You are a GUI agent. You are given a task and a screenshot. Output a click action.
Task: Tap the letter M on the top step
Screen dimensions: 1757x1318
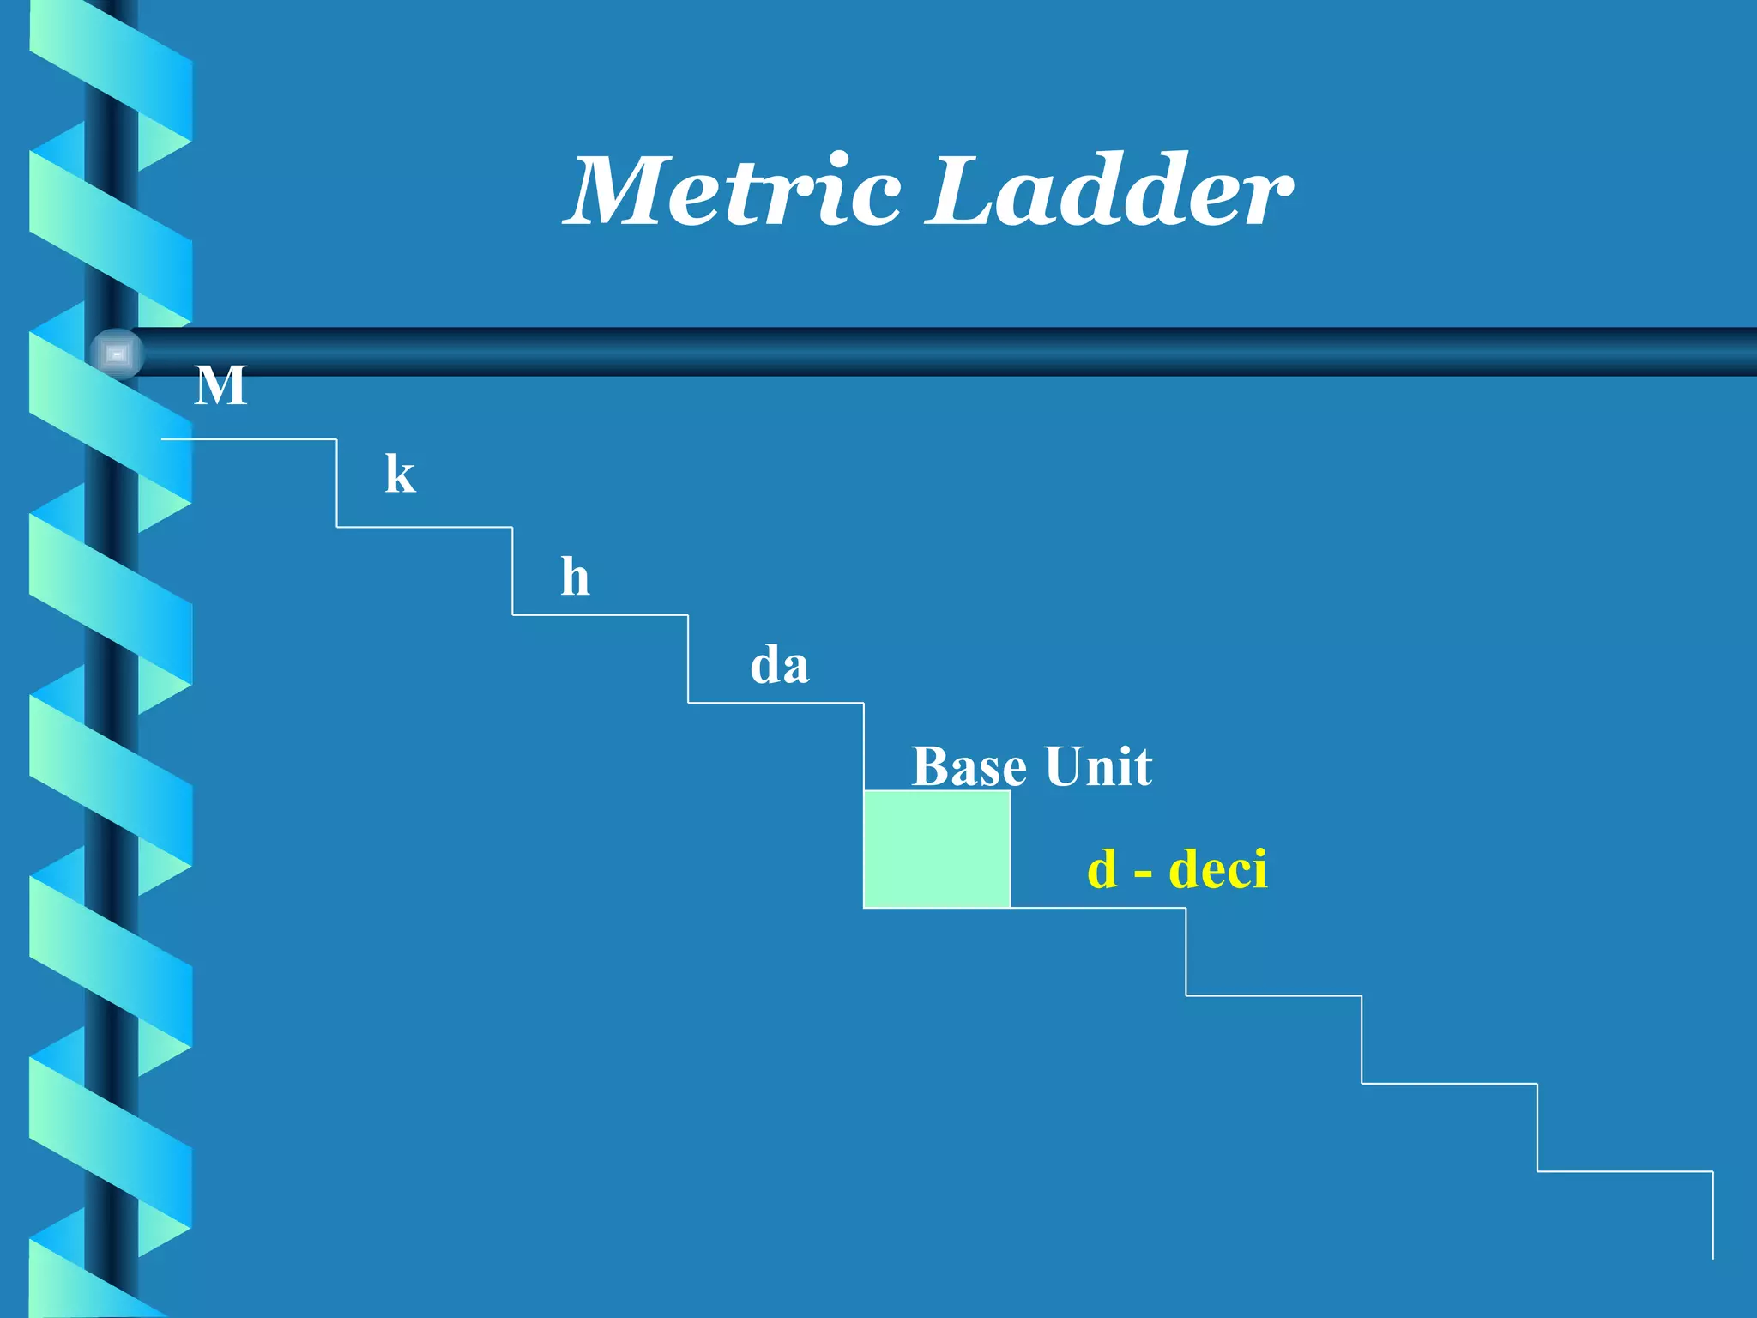220,386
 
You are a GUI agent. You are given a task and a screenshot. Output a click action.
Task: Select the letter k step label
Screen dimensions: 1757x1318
400,475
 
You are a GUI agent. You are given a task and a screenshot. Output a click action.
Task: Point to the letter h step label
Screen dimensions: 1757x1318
575,577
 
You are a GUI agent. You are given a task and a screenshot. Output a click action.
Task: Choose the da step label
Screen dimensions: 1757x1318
779,666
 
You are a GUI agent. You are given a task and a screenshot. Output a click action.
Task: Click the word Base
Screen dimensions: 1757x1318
968,766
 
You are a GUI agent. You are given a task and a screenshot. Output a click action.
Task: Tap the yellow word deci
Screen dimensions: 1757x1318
1218,869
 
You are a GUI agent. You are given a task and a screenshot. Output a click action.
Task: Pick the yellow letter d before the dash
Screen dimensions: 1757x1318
1102,869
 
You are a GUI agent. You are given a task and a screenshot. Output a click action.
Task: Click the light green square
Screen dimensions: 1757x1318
937,849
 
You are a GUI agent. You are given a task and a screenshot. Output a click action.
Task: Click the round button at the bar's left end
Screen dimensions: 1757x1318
117,354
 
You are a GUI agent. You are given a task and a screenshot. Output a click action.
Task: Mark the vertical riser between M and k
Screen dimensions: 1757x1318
337,483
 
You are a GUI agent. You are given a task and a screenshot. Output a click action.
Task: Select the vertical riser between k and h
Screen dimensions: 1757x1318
513,571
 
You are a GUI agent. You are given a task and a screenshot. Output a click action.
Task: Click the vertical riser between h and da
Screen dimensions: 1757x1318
688,659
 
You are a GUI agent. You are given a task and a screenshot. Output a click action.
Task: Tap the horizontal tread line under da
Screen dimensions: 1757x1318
776,703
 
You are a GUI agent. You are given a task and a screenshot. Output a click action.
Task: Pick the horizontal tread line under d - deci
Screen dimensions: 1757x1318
1098,907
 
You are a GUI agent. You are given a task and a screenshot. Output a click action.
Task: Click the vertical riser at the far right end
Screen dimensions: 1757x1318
1712,1215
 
